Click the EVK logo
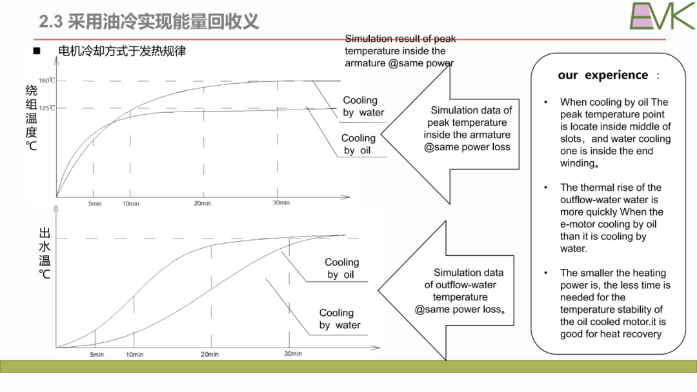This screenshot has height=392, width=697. pos(662,16)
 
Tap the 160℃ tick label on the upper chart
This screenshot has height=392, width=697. pos(46,81)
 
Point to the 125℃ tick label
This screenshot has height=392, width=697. pos(46,108)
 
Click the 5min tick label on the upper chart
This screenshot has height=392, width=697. pos(95,203)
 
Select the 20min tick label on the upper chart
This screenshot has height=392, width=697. pos(202,203)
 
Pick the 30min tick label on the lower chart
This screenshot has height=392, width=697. pos(293,353)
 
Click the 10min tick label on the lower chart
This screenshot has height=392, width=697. pos(134,354)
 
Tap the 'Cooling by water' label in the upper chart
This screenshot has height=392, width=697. pos(363,106)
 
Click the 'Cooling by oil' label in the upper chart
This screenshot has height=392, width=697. pos(358,144)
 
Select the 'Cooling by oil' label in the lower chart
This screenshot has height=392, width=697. pos(341,268)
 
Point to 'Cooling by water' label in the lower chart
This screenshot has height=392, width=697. pos(339,318)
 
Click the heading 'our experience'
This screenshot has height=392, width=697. pos(603,75)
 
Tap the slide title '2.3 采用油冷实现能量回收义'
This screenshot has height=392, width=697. pos(149,21)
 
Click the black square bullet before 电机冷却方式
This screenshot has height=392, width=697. pos(37,51)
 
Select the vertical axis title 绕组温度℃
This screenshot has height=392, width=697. pos(31,117)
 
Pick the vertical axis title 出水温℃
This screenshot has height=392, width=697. pos(45,253)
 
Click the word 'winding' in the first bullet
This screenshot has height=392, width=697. pos(577,163)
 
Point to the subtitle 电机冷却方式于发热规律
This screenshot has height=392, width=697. pos(122,51)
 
